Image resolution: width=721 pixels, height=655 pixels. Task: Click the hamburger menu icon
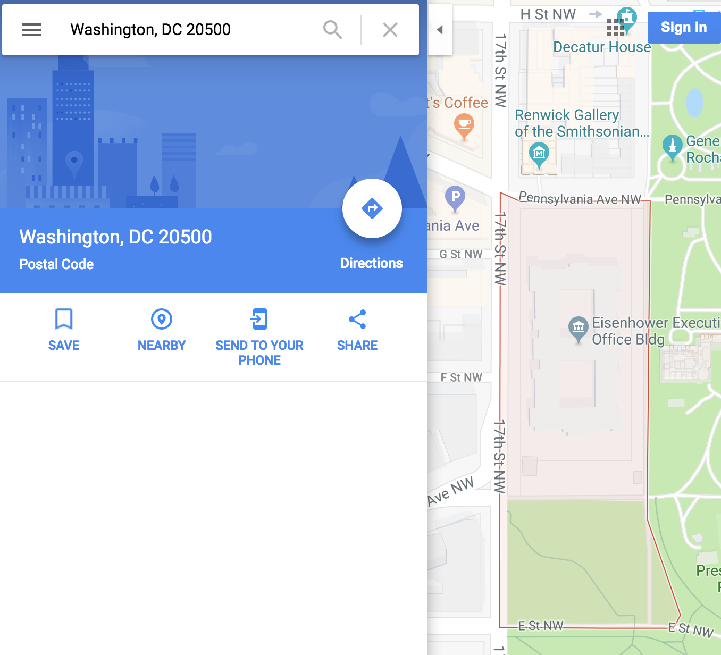[32, 30]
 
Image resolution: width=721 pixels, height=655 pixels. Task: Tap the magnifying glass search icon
[333, 30]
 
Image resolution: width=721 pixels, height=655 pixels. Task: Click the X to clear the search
[390, 30]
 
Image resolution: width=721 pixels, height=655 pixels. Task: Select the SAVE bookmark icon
[64, 320]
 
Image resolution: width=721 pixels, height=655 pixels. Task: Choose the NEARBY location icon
[162, 320]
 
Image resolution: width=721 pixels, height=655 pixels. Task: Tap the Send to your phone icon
[259, 320]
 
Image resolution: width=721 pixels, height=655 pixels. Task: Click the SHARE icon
[357, 320]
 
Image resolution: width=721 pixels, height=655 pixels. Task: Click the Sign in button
[684, 27]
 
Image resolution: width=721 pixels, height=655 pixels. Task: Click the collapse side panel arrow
[440, 30]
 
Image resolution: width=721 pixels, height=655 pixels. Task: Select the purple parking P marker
[455, 198]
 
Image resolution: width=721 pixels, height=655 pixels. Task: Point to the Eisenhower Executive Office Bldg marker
[579, 327]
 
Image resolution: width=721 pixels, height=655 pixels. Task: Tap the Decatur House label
[602, 47]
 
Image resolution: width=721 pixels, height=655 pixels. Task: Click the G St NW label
[461, 255]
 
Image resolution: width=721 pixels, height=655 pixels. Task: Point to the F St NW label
[462, 377]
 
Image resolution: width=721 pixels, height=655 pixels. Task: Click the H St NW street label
[548, 14]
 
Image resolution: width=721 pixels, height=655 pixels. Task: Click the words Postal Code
[56, 264]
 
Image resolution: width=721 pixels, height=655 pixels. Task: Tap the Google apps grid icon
[615, 27]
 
